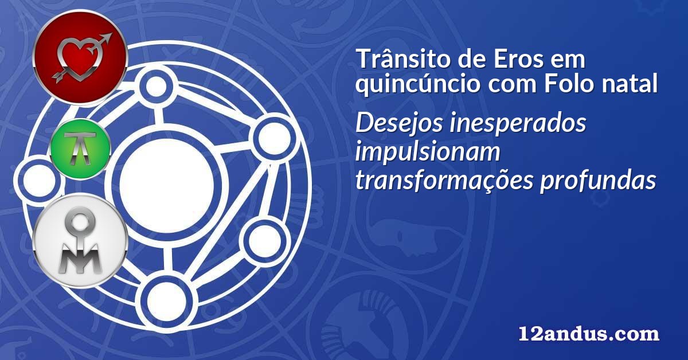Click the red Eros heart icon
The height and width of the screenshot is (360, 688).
click(x=80, y=58)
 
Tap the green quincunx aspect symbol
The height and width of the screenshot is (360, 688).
click(x=80, y=149)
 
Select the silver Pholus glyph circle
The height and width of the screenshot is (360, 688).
click(x=80, y=241)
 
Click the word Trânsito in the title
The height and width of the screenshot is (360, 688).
click(x=403, y=58)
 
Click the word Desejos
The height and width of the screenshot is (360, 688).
click(x=399, y=124)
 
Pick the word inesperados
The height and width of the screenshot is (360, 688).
click(x=518, y=124)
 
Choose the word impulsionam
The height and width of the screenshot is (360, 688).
click(x=428, y=152)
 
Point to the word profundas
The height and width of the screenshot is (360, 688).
click(x=598, y=180)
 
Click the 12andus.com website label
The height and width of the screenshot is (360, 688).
click(x=589, y=333)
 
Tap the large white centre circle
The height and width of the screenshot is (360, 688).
click(x=166, y=186)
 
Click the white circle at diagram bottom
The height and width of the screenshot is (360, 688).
click(x=166, y=302)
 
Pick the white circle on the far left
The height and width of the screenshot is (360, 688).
click(x=39, y=181)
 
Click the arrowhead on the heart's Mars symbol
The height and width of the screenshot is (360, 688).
click(x=106, y=38)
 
